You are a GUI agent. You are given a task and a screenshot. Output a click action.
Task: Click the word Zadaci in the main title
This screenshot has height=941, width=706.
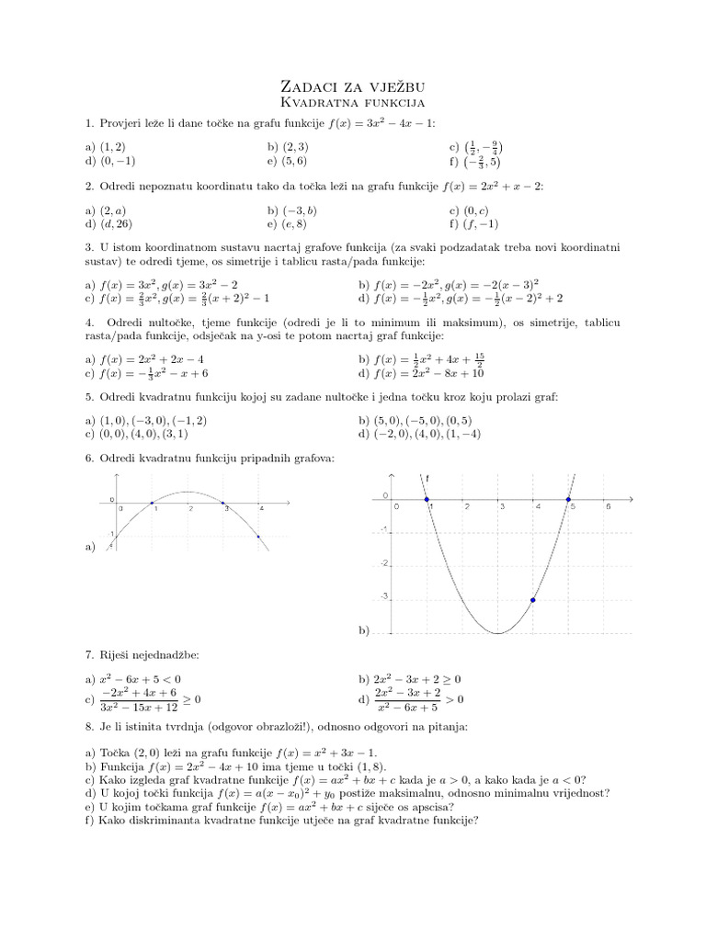click(x=313, y=84)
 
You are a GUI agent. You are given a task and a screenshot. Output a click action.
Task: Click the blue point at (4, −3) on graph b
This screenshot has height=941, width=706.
click(x=533, y=600)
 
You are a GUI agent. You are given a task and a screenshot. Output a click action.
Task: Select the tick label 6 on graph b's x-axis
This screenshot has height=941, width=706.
click(x=608, y=506)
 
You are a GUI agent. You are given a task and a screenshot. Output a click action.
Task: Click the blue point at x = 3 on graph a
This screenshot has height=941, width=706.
click(x=224, y=503)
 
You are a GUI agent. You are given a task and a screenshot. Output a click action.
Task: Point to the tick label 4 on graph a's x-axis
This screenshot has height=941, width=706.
click(x=261, y=509)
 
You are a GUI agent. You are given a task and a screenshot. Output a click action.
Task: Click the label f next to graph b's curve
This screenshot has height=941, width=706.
click(x=428, y=479)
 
